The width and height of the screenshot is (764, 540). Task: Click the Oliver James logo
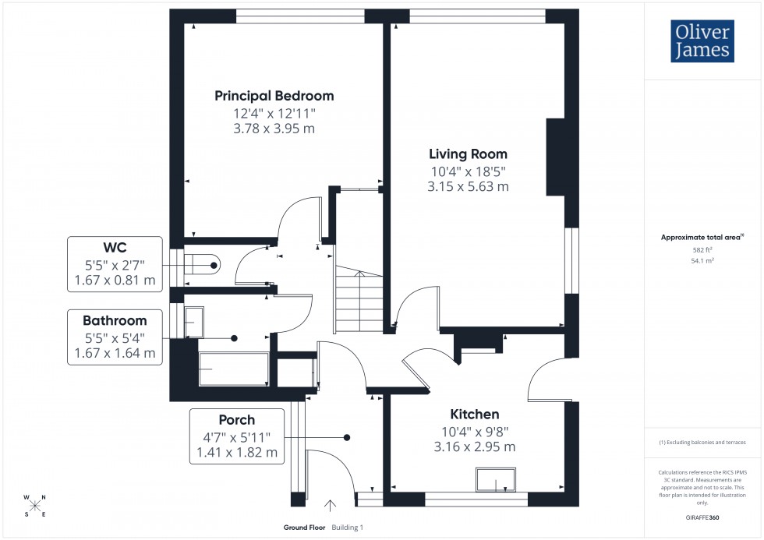tap(702, 42)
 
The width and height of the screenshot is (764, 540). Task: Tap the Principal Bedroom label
tap(274, 96)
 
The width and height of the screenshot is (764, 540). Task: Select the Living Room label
tap(468, 154)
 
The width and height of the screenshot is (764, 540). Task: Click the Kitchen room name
tap(474, 414)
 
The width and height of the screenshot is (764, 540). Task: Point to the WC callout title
tap(115, 247)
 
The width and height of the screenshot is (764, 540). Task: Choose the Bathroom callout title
tap(115, 320)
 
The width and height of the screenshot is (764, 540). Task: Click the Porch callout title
tap(236, 419)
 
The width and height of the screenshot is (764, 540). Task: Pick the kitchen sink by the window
tap(496, 481)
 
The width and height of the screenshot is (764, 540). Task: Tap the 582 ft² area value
tap(702, 250)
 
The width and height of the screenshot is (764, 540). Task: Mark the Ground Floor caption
tap(304, 528)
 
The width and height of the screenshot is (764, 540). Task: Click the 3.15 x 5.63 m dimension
tap(468, 186)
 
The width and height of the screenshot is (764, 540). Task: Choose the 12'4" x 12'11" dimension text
tap(274, 113)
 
